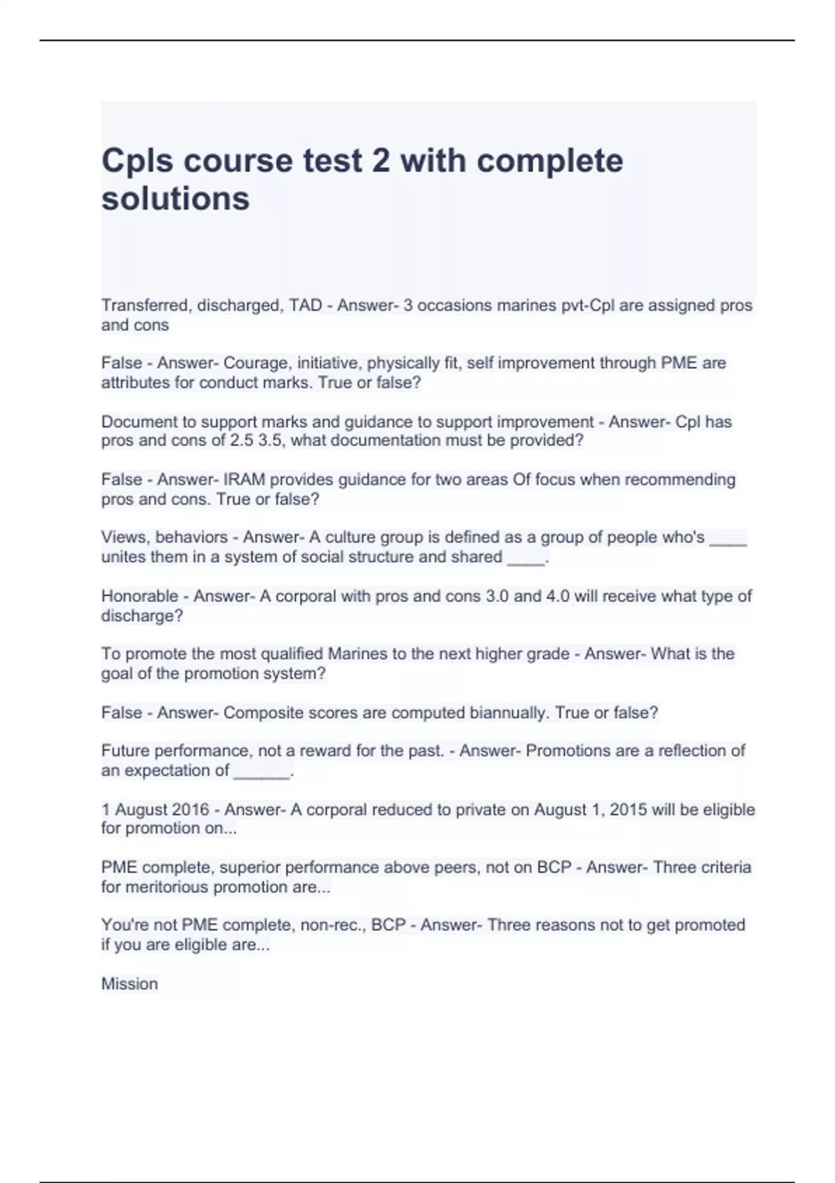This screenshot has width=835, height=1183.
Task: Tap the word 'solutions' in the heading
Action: pos(175,199)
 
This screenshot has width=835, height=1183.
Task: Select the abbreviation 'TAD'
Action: pos(305,305)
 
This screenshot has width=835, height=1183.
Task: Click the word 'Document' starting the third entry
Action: pos(135,422)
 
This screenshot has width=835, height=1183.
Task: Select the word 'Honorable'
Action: pos(140,596)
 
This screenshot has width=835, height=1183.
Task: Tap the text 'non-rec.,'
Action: pos(333,925)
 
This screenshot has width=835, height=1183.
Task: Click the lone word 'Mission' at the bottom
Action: pos(129,984)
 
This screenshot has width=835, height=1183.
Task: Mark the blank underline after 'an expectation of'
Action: pos(262,772)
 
